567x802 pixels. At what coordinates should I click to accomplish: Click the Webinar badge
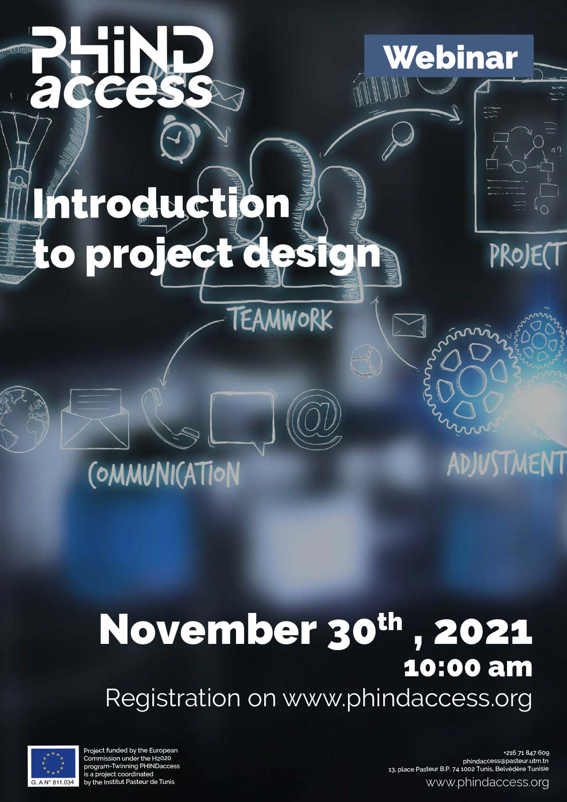(449, 56)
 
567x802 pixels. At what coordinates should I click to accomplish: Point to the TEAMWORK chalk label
(282, 320)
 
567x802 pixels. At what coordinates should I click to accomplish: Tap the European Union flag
(53, 763)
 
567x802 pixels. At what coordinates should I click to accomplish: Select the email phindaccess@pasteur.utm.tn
(506, 761)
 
